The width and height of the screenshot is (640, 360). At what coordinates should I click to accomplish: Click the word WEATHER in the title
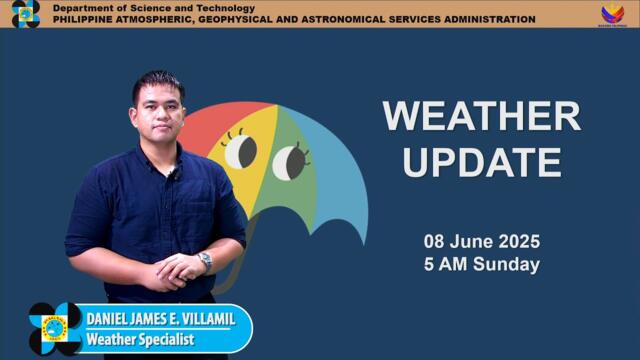click(481, 117)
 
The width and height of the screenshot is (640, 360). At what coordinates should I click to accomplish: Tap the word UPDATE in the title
click(481, 161)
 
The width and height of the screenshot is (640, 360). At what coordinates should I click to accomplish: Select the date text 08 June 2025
click(481, 241)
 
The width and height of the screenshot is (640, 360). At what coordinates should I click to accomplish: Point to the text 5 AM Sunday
click(481, 265)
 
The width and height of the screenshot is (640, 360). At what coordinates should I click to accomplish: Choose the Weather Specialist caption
click(139, 340)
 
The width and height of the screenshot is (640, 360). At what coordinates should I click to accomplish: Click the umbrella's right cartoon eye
click(290, 161)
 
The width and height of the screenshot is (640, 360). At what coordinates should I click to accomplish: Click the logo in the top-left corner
click(25, 14)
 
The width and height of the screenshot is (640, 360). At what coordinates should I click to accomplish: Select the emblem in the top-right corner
click(612, 14)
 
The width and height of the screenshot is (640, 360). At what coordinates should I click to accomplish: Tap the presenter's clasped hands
click(180, 268)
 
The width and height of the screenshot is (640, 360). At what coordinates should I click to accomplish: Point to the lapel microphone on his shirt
click(173, 175)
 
